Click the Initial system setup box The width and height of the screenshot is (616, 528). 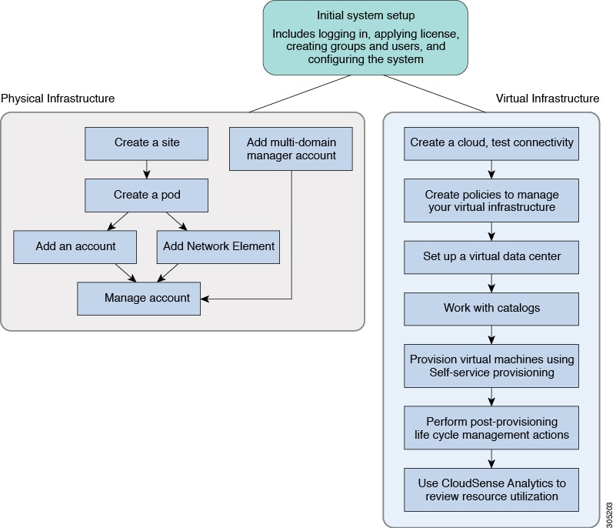click(365, 37)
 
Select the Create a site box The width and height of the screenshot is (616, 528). click(146, 142)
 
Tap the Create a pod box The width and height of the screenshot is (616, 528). click(146, 195)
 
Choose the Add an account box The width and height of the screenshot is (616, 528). click(75, 246)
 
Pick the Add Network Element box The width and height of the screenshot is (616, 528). click(218, 246)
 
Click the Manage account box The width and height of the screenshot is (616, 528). click(139, 298)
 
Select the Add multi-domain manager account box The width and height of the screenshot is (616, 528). click(291, 149)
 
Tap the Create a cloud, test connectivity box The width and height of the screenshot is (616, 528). click(491, 142)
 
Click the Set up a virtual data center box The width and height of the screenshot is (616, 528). click(491, 256)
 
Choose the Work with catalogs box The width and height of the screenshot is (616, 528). click(491, 308)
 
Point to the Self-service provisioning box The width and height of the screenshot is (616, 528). click(491, 366)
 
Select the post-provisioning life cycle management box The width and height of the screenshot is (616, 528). click(491, 428)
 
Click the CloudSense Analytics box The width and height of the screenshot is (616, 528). click(491, 490)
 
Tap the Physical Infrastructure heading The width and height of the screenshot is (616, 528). click(58, 99)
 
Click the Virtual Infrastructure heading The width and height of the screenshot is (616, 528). click(548, 99)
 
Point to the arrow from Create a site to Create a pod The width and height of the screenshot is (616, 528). click(146, 169)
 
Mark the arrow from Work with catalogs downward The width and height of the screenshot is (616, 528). click(491, 335)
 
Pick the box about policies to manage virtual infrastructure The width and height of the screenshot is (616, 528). click(491, 200)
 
